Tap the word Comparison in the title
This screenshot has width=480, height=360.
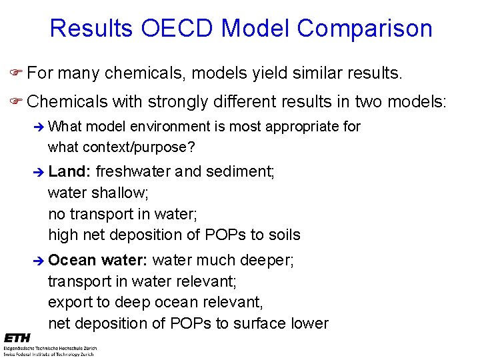pos(365,29)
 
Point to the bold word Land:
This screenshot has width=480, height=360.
pos(69,171)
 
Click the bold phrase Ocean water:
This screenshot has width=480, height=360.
pos(98,259)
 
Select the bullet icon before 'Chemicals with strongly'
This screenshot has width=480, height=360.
pos(15,101)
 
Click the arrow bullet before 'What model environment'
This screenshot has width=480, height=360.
pos(39,127)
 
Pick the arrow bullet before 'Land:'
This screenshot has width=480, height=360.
pos(39,172)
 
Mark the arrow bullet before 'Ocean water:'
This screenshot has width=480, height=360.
pos(39,260)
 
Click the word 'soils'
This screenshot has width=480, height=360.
pos(283,235)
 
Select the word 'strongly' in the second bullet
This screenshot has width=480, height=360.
pos(178,101)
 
